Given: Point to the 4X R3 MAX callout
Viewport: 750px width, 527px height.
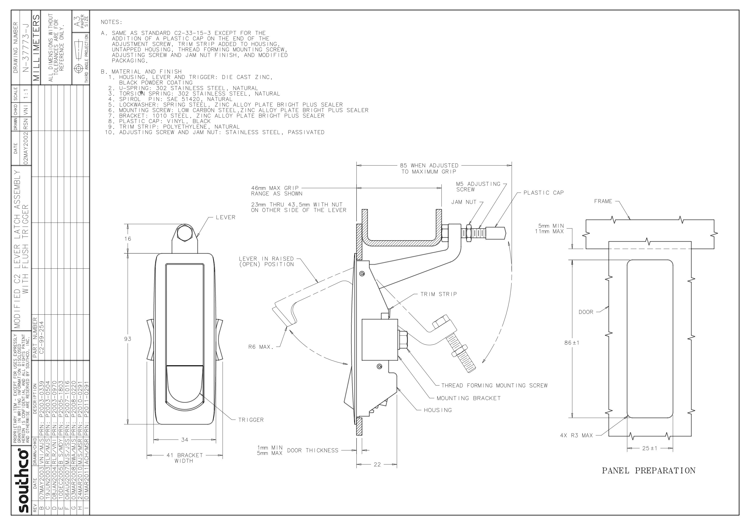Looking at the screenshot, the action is pyautogui.click(x=576, y=435).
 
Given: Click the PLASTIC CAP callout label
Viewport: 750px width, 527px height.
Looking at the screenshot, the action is pyautogui.click(x=544, y=193).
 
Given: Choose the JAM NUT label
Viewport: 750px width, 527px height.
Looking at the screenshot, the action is pyautogui.click(x=464, y=202).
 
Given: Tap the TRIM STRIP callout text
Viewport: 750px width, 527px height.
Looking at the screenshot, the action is pyautogui.click(x=439, y=294).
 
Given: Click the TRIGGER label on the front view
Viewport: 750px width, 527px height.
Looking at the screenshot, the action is pyautogui.click(x=251, y=420).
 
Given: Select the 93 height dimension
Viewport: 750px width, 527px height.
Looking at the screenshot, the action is pyautogui.click(x=127, y=339).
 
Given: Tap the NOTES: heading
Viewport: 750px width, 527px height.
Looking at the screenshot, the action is pyautogui.click(x=111, y=22).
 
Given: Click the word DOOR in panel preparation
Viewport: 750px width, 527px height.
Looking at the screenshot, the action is pyautogui.click(x=586, y=312).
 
